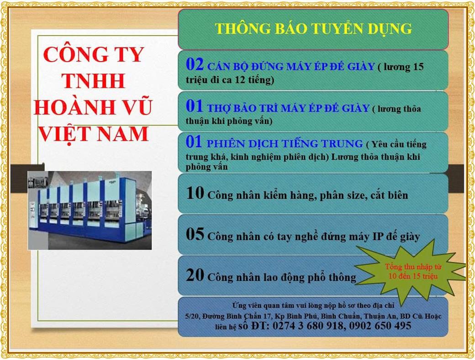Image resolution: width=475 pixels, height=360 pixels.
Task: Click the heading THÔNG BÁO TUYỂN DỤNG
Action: (x=313, y=29)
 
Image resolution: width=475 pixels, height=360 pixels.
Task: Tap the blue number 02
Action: (x=195, y=64)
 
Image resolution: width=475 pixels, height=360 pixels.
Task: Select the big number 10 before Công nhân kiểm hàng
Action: (x=195, y=193)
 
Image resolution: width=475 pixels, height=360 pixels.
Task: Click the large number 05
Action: (x=195, y=234)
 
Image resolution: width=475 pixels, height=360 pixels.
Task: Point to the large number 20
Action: (x=195, y=275)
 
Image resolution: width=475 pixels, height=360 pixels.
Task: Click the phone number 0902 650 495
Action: (x=380, y=326)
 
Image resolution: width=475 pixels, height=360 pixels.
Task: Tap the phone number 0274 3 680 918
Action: (x=308, y=326)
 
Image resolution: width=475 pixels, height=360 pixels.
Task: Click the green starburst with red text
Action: (x=411, y=271)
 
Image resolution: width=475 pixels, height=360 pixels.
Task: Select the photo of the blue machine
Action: (x=90, y=210)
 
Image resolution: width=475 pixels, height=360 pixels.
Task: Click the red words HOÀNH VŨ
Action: (x=93, y=107)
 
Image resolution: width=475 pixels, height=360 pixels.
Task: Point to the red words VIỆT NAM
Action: (x=94, y=134)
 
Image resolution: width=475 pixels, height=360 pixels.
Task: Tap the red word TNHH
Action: (x=93, y=80)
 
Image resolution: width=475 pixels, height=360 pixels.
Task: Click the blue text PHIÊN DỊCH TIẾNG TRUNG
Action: (x=285, y=143)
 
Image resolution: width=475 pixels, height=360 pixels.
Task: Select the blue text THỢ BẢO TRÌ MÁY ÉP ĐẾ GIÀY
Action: (x=288, y=108)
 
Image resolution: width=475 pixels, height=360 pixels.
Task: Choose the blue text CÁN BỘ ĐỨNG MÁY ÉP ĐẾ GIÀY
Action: (x=291, y=66)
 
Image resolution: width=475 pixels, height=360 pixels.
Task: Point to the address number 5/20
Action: (x=192, y=316)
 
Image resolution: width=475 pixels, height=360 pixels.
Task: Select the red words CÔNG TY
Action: (x=94, y=54)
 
